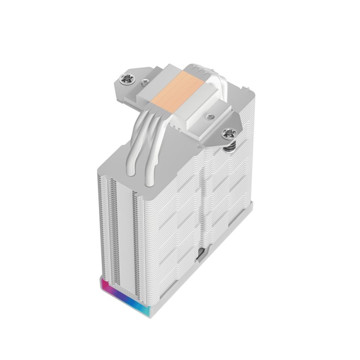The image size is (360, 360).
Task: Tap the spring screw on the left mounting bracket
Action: [x=127, y=81]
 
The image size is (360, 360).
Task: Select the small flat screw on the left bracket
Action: [x=144, y=82]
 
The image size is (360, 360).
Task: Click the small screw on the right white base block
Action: [x=209, y=117]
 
